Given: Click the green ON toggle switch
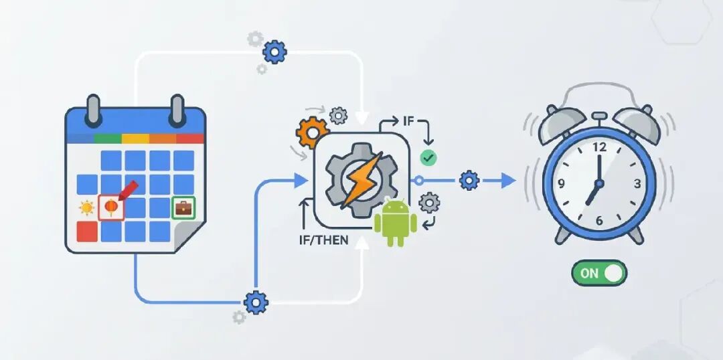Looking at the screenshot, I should point(599,273).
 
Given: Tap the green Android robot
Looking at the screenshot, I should point(395,223).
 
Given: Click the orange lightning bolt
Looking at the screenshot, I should point(361,179).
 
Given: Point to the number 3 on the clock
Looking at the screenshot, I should point(637,183).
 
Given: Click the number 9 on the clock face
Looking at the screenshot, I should point(561,184).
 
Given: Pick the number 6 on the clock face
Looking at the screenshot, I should point(598,220).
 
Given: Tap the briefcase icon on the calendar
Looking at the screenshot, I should point(183,208).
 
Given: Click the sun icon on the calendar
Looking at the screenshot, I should point(87,208).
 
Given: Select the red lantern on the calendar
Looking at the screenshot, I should point(110,207).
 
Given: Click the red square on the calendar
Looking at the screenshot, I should point(87,232).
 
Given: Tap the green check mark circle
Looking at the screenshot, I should point(428,157).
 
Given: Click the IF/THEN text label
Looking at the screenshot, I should point(323,240).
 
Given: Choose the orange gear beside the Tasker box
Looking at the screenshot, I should point(311,133).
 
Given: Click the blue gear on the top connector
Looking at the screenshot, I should point(274,51).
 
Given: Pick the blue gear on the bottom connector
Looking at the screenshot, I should point(256,302).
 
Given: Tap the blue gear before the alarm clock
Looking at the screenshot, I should point(469,180).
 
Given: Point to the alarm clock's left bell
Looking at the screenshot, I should point(564,124).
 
